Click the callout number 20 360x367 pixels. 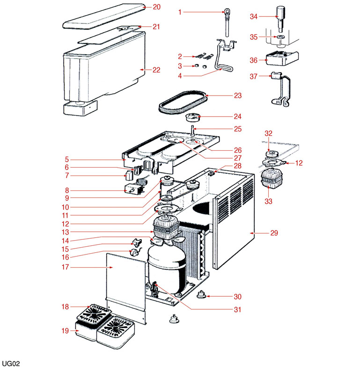tap(156, 7)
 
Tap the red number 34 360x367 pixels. tap(253, 16)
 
